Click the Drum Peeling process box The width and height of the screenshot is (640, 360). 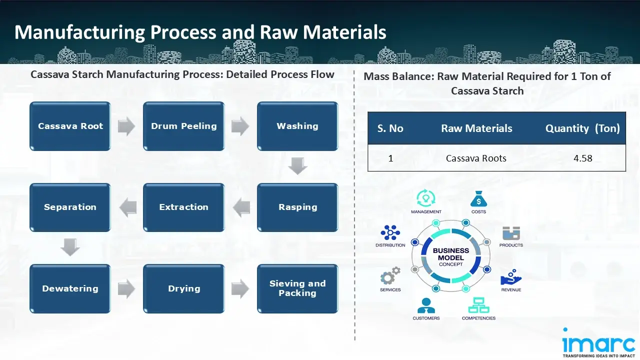183,126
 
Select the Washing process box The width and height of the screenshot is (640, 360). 297,126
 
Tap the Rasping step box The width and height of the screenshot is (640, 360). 297,207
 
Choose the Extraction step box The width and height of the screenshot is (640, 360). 183,207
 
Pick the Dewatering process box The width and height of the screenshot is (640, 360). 70,288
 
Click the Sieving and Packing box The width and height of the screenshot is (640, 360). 297,288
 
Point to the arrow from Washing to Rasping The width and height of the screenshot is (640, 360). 297,166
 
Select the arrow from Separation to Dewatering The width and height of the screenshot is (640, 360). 70,247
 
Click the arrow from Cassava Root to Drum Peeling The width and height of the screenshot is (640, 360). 126,126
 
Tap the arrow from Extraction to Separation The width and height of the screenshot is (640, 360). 127,207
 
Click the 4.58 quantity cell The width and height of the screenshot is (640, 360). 582,158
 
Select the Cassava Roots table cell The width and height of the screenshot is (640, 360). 476,158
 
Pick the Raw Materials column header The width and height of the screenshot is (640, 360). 476,128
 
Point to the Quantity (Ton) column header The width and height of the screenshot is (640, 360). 582,128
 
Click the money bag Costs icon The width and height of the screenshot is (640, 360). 478,199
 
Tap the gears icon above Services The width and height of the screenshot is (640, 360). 390,276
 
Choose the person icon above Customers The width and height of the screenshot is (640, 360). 426,305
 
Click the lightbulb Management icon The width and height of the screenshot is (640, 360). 425,198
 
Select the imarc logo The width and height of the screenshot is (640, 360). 598,343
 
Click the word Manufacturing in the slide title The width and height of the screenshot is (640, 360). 79,32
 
